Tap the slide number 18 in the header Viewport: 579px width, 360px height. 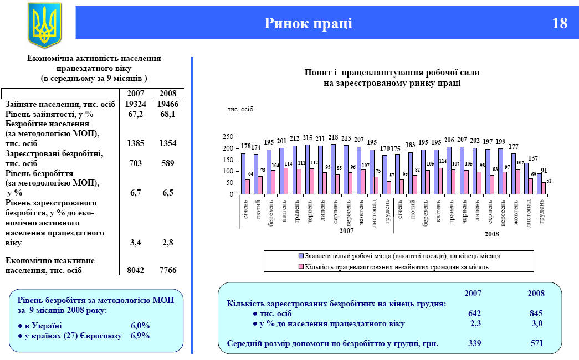tap(560, 23)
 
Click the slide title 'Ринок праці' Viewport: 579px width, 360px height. tap(308, 23)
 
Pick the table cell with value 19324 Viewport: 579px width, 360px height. tap(135, 104)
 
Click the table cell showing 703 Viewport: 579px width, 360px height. tap(135, 163)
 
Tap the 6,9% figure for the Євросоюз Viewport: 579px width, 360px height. tap(140, 336)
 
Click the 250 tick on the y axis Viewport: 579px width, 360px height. tap(227, 136)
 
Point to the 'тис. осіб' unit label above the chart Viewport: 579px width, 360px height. tap(240, 109)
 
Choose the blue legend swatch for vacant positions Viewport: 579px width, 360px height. tap(301, 256)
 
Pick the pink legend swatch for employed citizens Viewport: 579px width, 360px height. tap(301, 266)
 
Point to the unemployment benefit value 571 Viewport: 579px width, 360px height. tap(537, 344)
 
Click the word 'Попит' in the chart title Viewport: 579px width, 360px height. tap(317, 73)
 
